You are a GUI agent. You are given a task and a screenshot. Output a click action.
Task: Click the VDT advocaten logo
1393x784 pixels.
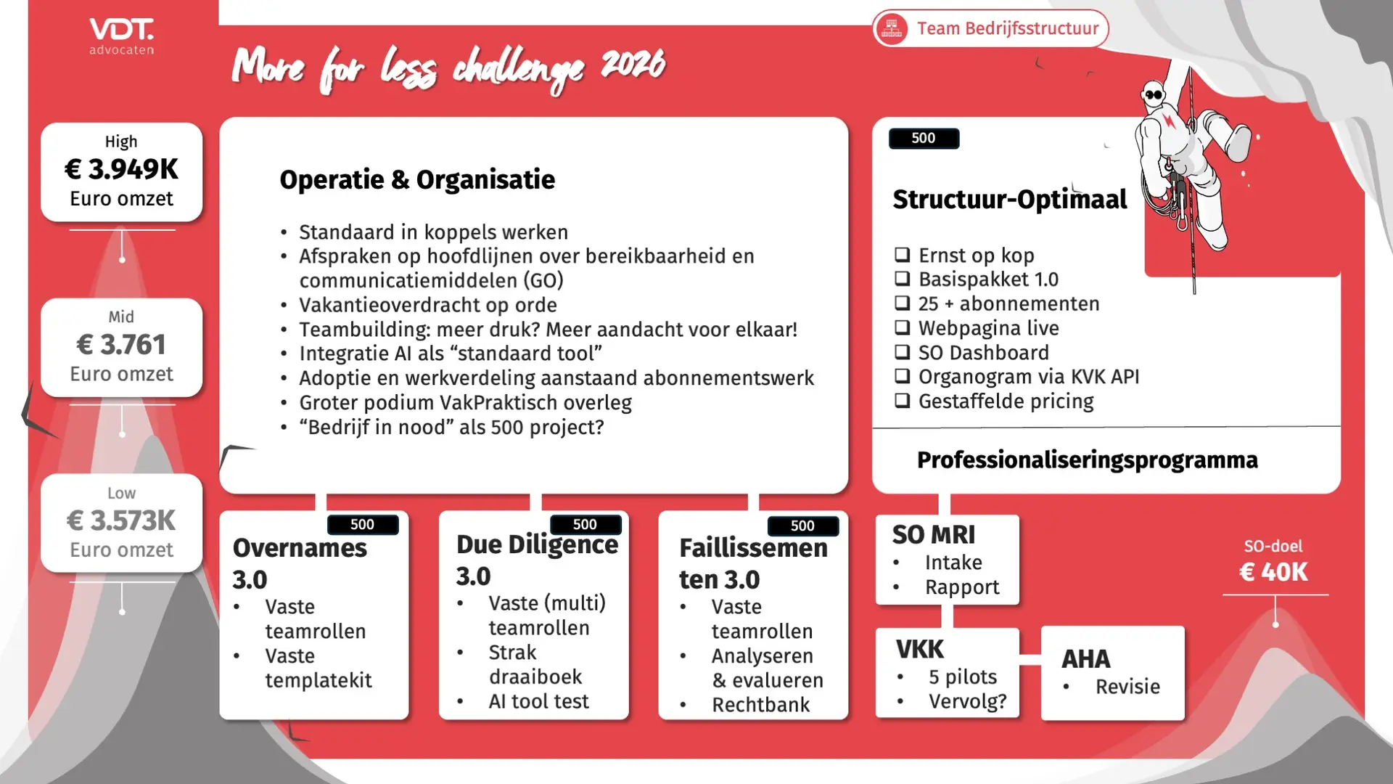coord(121,36)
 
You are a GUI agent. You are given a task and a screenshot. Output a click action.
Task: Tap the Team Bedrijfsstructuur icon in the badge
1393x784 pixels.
coord(892,28)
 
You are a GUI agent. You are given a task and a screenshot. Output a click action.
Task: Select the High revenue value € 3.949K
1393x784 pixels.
coord(121,169)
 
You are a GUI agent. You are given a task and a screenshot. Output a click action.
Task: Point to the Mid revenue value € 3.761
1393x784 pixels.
coord(121,344)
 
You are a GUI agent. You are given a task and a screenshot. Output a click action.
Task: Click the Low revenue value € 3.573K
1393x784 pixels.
coord(121,520)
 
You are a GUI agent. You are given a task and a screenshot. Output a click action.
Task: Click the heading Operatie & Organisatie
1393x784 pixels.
coord(417,180)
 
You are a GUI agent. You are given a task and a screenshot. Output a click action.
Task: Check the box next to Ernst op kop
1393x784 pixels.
coord(902,255)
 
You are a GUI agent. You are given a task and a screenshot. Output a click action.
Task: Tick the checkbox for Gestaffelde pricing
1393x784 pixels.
coord(902,401)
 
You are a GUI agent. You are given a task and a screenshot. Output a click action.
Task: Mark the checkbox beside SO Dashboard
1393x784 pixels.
coord(902,352)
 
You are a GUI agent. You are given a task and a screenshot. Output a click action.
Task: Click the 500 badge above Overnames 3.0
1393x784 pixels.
coord(363,525)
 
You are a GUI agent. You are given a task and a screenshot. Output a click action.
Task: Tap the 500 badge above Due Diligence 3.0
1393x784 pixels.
coord(585,525)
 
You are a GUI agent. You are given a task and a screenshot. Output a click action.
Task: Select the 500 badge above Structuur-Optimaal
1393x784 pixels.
coord(924,139)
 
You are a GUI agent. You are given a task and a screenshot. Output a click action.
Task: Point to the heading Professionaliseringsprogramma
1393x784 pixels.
coord(1087,460)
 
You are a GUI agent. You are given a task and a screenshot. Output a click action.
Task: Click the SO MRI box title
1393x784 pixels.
coord(934,535)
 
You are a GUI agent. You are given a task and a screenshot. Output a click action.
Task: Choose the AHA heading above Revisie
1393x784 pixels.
coord(1086,659)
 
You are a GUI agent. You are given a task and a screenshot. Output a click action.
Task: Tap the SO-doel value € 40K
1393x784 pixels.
coord(1274,572)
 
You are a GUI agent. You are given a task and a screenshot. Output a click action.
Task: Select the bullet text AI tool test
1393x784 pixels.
coord(538,701)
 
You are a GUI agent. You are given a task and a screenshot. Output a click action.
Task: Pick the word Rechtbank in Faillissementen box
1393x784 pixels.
coord(760,705)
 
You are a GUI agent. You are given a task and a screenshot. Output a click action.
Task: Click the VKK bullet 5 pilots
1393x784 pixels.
coord(963,677)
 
